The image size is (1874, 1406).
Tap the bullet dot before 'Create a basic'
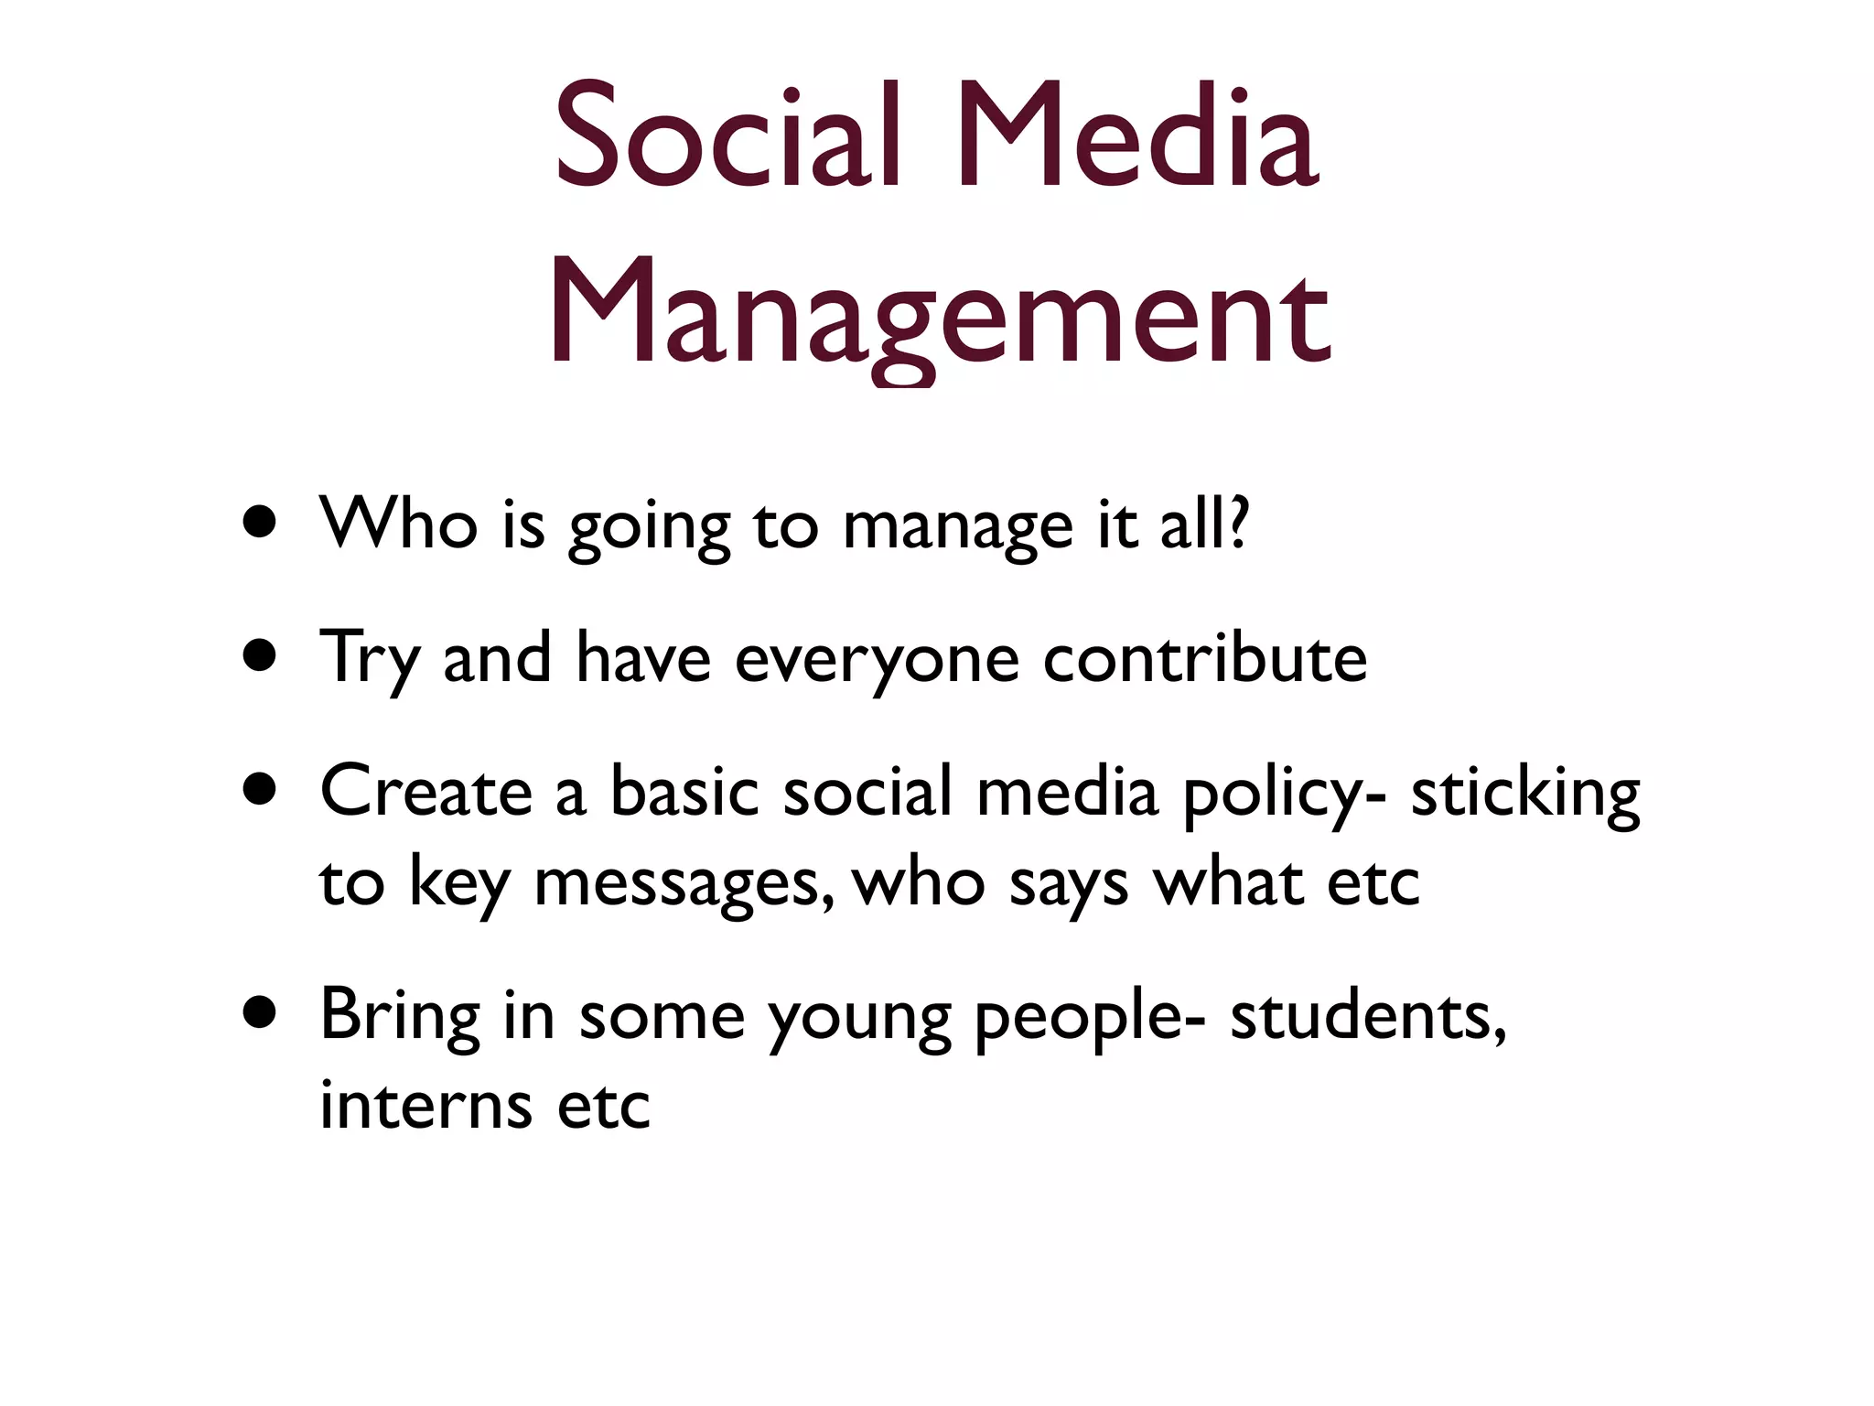point(261,789)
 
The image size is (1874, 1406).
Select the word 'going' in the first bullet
point(649,529)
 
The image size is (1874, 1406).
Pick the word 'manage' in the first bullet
point(957,529)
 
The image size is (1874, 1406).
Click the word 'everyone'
point(877,661)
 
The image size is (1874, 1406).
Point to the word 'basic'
point(684,791)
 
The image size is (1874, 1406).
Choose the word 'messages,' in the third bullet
point(684,884)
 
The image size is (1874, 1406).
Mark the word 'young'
point(859,1020)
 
